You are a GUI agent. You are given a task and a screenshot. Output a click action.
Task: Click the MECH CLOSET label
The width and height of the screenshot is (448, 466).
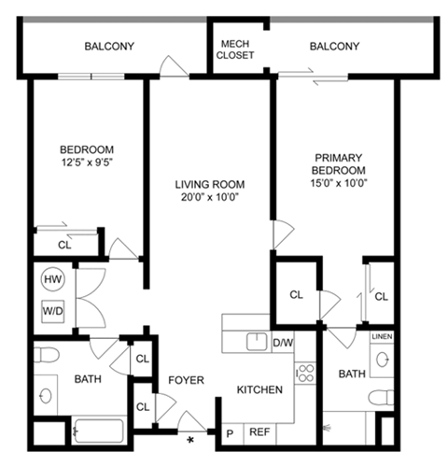click(x=234, y=49)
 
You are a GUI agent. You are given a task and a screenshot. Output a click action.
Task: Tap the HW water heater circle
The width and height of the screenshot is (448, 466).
click(x=51, y=279)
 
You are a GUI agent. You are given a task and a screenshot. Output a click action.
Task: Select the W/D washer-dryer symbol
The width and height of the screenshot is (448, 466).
click(x=51, y=310)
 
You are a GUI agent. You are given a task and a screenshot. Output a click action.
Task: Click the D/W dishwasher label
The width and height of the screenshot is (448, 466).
click(x=283, y=343)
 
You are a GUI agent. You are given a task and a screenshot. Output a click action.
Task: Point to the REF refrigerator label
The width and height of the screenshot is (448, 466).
click(x=261, y=432)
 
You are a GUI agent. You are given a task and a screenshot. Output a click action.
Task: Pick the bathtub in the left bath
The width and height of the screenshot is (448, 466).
click(x=98, y=431)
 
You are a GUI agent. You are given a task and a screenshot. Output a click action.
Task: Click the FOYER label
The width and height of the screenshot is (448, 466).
click(x=186, y=380)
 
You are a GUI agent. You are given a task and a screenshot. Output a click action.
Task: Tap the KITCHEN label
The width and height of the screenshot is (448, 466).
click(x=259, y=389)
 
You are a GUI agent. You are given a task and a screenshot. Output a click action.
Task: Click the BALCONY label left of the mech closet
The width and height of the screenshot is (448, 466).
click(x=109, y=46)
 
